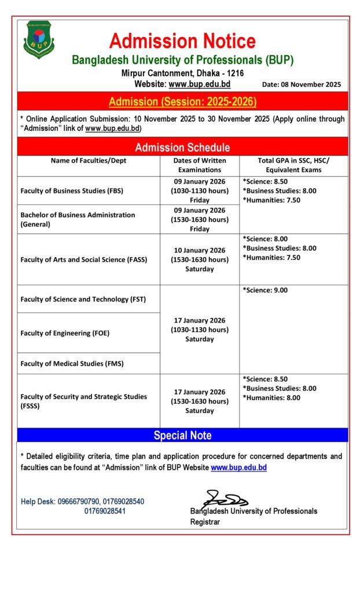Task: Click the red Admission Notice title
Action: point(182,41)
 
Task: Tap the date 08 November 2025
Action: point(302,84)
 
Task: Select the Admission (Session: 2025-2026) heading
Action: point(182,102)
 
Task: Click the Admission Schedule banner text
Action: point(182,147)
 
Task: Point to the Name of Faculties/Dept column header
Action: point(89,160)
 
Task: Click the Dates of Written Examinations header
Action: point(200,165)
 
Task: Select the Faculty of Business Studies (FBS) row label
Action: point(72,191)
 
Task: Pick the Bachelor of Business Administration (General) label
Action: point(78,219)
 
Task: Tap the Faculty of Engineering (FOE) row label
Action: point(65,333)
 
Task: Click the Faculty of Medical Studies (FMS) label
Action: point(72,364)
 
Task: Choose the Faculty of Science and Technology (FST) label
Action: point(83,299)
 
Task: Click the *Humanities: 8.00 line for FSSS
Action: point(271,398)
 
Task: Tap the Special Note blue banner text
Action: point(182,435)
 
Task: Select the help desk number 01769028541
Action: point(105,511)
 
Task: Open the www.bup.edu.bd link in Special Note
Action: point(238,467)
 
